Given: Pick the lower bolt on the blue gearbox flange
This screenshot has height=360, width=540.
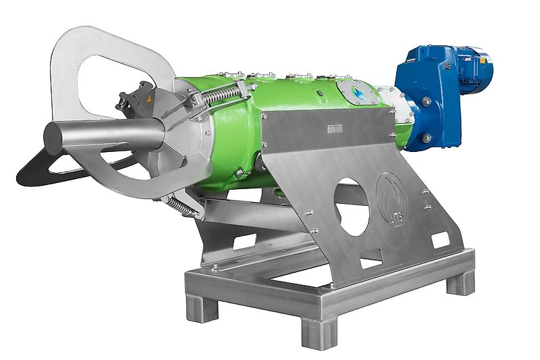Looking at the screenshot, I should click(426, 138).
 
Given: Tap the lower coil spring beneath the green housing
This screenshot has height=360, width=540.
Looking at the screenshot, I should click(184, 203).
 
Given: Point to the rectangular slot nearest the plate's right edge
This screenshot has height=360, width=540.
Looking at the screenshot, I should click(439, 238).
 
